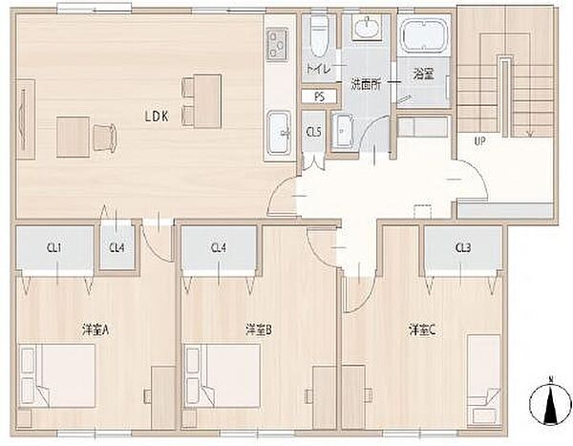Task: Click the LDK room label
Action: tap(157, 117)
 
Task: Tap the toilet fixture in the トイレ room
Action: tap(319, 35)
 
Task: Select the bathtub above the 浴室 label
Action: tap(424, 34)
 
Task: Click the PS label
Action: tap(319, 97)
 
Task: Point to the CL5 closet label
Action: tap(313, 132)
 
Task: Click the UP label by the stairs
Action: tap(479, 141)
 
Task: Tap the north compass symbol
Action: tap(550, 401)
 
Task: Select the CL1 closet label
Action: tap(54, 248)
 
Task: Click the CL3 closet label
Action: tap(463, 248)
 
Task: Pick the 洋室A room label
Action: tap(95, 330)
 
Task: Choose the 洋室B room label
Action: tap(259, 330)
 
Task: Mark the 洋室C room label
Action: tap(422, 330)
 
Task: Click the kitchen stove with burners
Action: tap(278, 45)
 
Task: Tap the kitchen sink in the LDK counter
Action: tap(279, 133)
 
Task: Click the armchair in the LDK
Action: tap(105, 138)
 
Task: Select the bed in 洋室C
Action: tap(484, 379)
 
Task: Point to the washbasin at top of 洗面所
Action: tap(366, 27)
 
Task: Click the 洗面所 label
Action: tap(366, 85)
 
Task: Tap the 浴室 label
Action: tap(423, 74)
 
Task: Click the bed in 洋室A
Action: tap(57, 376)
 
